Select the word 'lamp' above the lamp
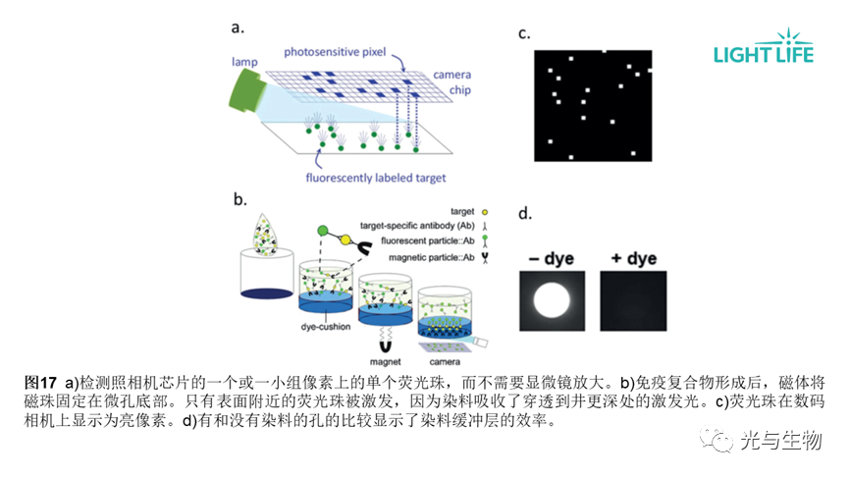[x=244, y=62]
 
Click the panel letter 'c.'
[x=524, y=33]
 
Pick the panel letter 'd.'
[x=524, y=213]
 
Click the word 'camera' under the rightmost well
[x=442, y=362]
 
